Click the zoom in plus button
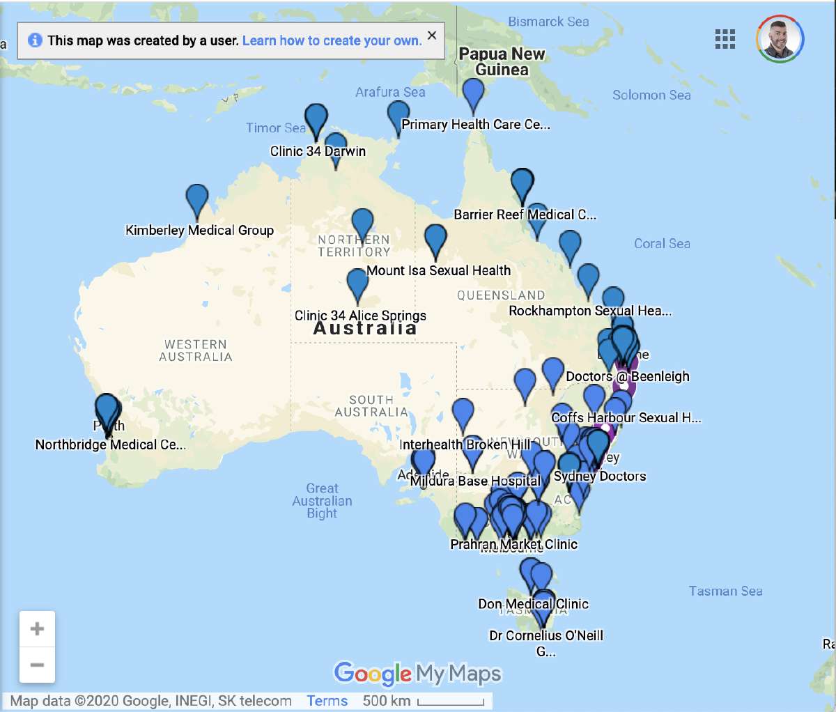[38, 629]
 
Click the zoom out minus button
[38, 665]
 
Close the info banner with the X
[432, 36]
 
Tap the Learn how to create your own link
[332, 40]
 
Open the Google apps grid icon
[725, 39]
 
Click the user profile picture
[780, 39]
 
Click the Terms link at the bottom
[327, 701]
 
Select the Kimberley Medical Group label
[199, 230]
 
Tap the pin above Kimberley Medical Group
[197, 199]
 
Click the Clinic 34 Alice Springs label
[360, 316]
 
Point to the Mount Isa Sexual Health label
[438, 270]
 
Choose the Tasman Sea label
[725, 591]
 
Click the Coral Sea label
[662, 243]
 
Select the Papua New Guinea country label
[502, 61]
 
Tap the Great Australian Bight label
[322, 501]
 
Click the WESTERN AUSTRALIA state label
[196, 350]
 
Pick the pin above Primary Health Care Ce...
[473, 93]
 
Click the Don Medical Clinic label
[533, 604]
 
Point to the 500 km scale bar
[451, 702]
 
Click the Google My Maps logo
[417, 673]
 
